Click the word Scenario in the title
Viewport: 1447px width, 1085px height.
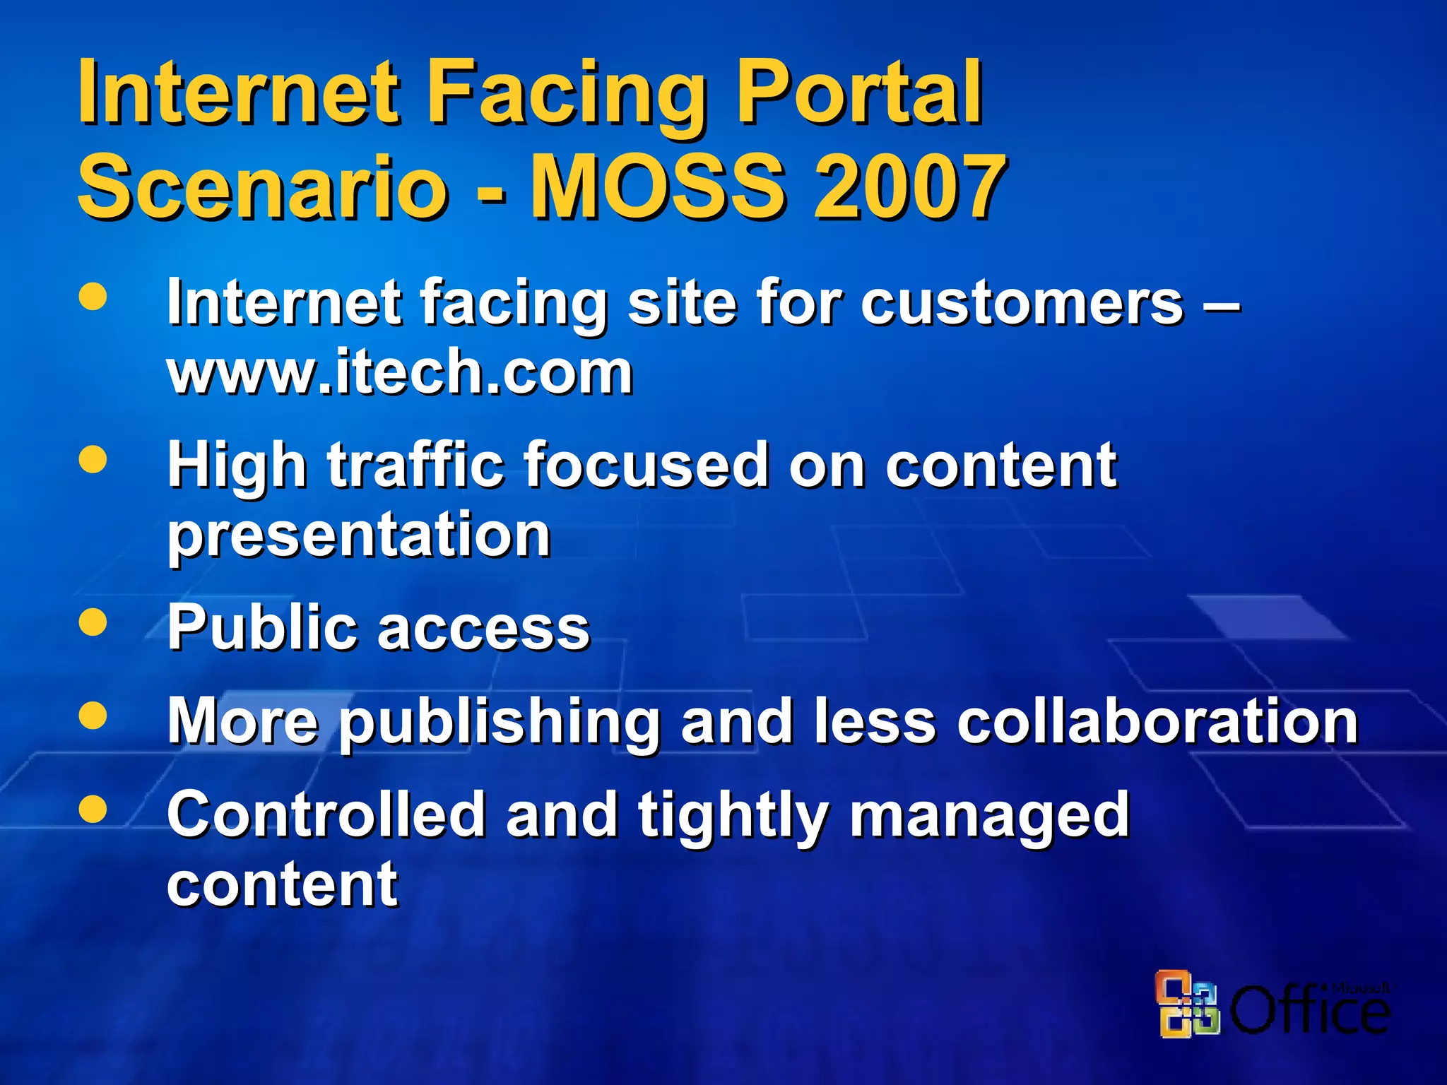point(262,187)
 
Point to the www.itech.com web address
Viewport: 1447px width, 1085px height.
point(400,372)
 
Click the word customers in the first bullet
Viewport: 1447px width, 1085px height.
point(1022,303)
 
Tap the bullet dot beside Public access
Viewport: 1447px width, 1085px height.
point(93,623)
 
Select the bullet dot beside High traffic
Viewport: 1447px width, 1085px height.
point(93,460)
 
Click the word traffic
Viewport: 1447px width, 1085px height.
point(415,465)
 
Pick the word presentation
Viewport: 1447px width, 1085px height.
point(359,535)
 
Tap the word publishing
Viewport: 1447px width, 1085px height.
point(500,722)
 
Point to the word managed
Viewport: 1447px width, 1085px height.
point(989,817)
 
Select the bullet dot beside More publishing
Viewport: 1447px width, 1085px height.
point(93,715)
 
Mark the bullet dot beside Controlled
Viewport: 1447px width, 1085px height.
point(93,809)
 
